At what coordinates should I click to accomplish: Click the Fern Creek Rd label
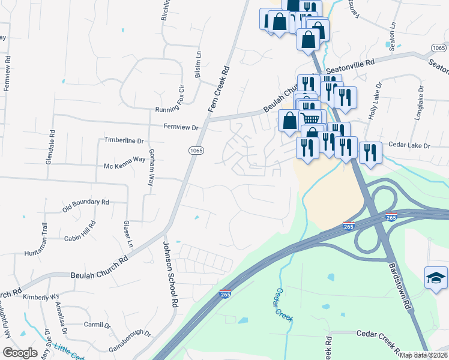pyautogui.click(x=219, y=89)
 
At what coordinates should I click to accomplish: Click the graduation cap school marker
pyautogui.click(x=436, y=277)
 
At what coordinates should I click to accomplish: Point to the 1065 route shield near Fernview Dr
pyautogui.click(x=194, y=150)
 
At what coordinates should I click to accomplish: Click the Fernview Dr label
pyautogui.click(x=181, y=127)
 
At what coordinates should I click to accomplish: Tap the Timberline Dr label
pyautogui.click(x=125, y=140)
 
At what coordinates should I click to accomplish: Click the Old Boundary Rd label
pyautogui.click(x=86, y=206)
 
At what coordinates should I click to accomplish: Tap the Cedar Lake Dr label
pyautogui.click(x=411, y=146)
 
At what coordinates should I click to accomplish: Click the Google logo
pyautogui.click(x=20, y=353)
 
